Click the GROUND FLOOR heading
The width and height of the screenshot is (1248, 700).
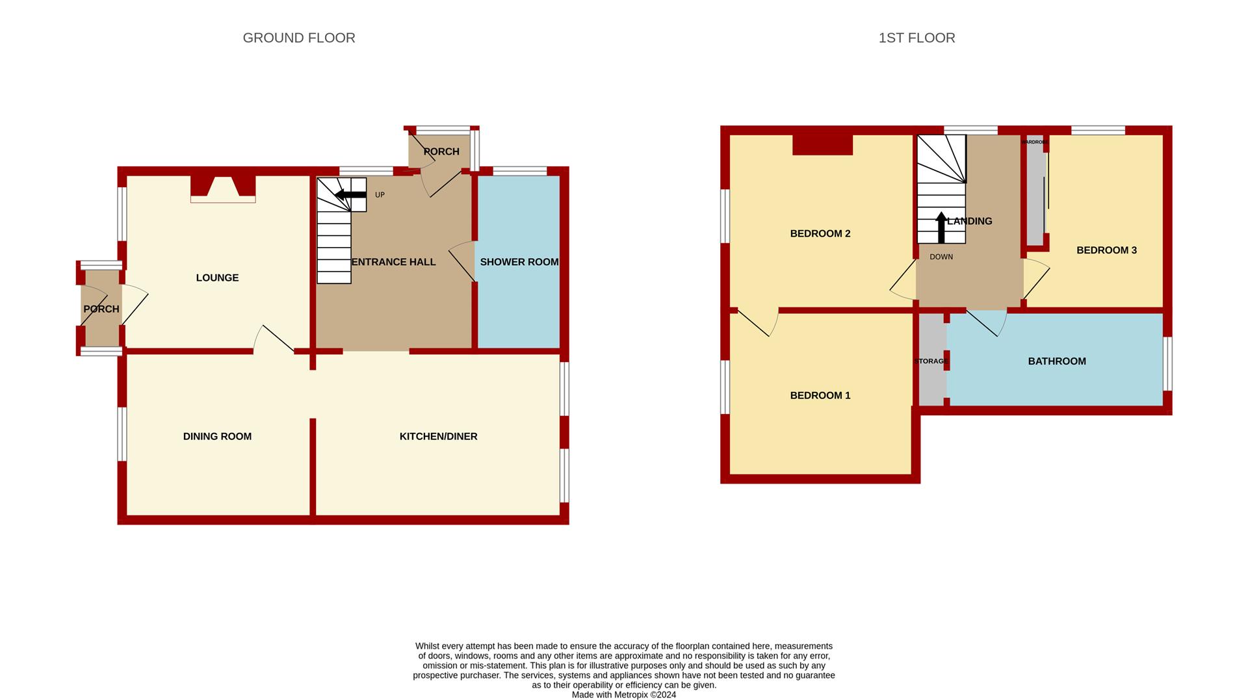[x=299, y=38]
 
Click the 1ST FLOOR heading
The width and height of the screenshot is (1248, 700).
[x=916, y=38]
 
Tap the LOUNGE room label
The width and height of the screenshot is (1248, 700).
[x=217, y=278]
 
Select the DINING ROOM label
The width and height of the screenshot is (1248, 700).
[x=217, y=436]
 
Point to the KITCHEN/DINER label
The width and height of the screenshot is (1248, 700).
[x=438, y=436]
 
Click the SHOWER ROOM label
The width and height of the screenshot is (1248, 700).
[x=519, y=262]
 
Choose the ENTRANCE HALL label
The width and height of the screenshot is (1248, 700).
[x=393, y=262]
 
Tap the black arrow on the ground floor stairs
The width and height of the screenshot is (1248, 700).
[x=350, y=194]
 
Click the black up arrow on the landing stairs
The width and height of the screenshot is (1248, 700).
[x=941, y=227]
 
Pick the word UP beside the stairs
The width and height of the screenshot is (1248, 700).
[x=380, y=195]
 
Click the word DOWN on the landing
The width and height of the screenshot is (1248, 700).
[x=941, y=257]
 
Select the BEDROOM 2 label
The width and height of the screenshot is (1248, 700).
[x=820, y=233]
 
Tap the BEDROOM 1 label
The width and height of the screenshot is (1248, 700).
[x=820, y=395]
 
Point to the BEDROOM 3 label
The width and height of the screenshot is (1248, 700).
[x=1106, y=250]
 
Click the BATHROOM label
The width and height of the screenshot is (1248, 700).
[x=1057, y=361]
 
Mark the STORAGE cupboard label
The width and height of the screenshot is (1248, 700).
[x=931, y=361]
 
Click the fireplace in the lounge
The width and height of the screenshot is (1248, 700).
[x=223, y=189]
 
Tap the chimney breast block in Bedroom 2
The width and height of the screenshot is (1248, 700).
[x=822, y=144]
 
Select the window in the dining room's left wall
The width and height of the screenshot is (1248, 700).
[x=122, y=434]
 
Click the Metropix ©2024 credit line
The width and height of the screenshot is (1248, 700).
[x=624, y=695]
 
